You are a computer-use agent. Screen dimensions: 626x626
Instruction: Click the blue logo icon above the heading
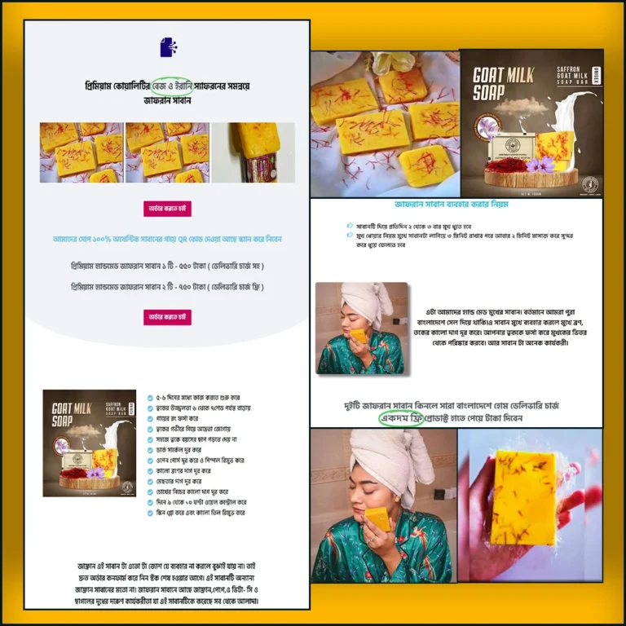tap(167, 47)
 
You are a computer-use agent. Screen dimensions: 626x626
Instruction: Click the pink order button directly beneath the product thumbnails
tap(167, 209)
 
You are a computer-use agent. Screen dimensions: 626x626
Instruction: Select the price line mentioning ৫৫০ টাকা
tap(167, 267)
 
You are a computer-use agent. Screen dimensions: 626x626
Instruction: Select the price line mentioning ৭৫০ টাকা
tap(167, 287)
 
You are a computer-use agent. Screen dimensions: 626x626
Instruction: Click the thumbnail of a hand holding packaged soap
tap(253, 152)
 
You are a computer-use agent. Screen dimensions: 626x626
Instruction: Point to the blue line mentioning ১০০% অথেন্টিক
tap(167, 239)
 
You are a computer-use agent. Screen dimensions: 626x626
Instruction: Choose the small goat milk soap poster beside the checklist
tap(89, 443)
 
